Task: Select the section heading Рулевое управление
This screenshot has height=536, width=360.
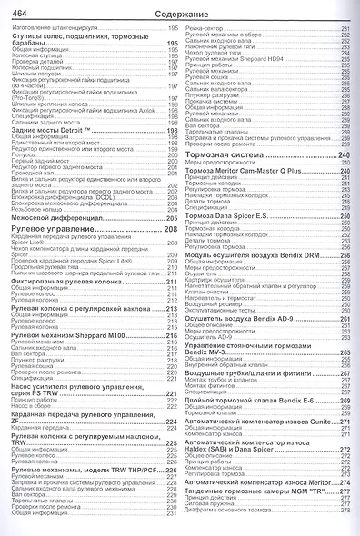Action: coord(50,229)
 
